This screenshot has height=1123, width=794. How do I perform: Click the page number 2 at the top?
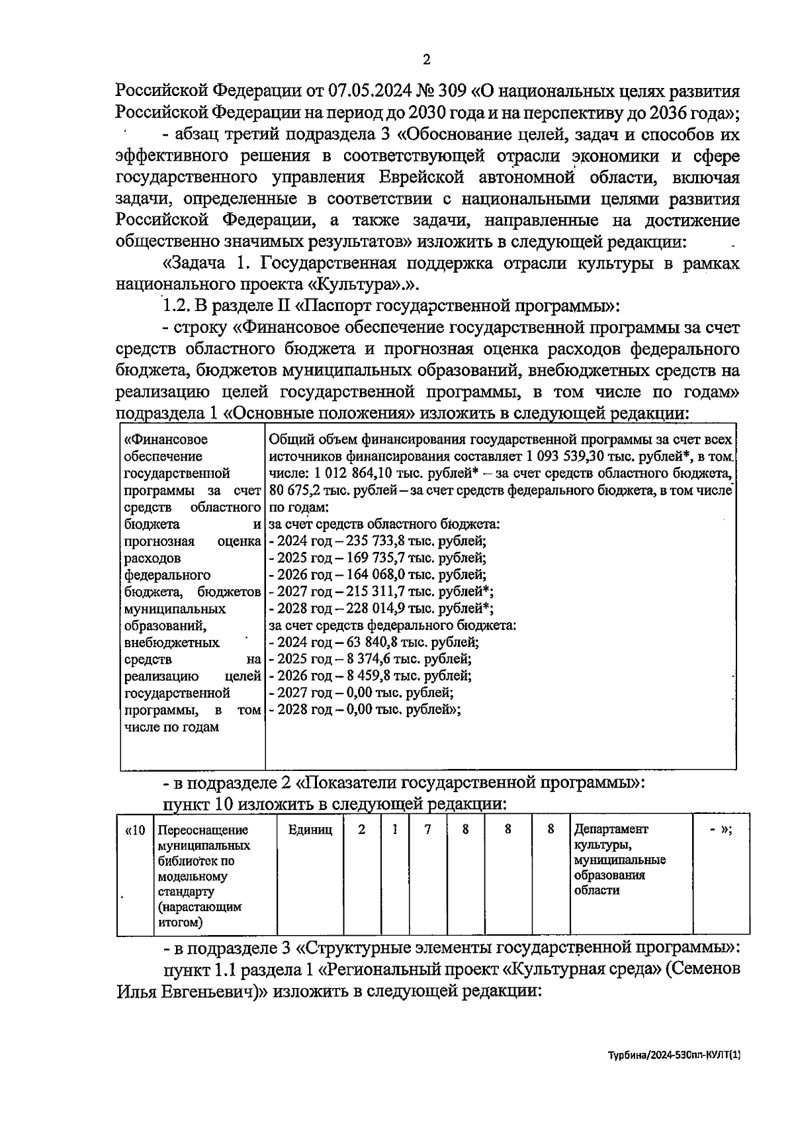[426, 60]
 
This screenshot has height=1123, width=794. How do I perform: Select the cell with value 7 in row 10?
[427, 830]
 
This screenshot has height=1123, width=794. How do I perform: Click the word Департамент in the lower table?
[611, 830]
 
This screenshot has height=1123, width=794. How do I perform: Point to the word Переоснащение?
[203, 831]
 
